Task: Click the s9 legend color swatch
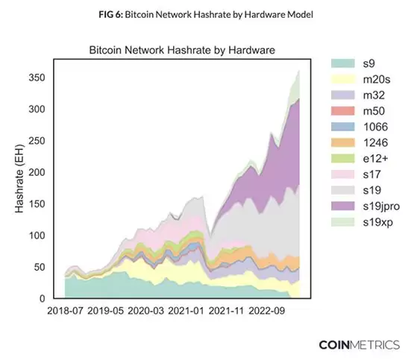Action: (343, 63)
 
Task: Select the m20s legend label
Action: (377, 80)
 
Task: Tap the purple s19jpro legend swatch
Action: (343, 206)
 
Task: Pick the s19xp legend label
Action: (378, 222)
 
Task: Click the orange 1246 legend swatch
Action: (343, 142)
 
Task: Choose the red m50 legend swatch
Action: (343, 111)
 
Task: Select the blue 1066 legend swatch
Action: (343, 127)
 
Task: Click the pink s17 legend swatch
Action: (343, 174)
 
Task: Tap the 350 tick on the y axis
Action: (37, 78)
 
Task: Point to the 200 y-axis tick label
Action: (37, 172)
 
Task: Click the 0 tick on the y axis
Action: (43, 299)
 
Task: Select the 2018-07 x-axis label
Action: (65, 311)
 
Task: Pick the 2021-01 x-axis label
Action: (186, 311)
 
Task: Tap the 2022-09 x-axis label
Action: (266, 311)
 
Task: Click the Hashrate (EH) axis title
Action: (19, 179)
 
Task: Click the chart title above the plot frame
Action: (182, 50)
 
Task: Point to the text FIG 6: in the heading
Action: (111, 14)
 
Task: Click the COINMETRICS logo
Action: (360, 345)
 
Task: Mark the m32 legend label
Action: (374, 95)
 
